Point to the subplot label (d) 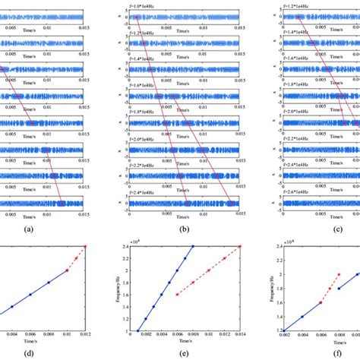(x=49, y=352)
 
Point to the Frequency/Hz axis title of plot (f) (x=255, y=289)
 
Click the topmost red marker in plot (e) (x=240, y=246)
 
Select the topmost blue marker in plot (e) (x=194, y=246)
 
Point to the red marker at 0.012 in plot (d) (x=85, y=246)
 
